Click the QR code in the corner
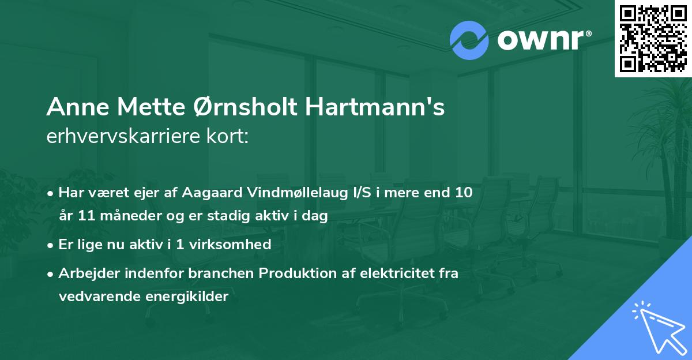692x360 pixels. coord(653,38)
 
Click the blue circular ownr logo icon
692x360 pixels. coord(469,40)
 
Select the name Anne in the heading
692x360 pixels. coord(76,108)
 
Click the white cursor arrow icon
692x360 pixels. coord(657,325)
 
